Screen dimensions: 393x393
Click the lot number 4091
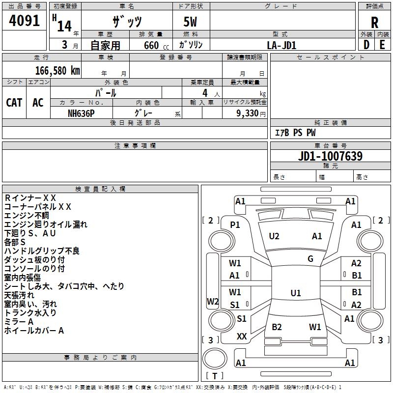pyautogui.click(x=25, y=22)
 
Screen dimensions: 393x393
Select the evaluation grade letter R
pyautogui.click(x=375, y=23)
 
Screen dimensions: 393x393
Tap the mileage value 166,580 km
pyautogui.click(x=57, y=71)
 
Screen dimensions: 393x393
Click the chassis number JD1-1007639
pyautogui.click(x=331, y=156)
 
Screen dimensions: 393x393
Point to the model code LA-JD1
pyautogui.click(x=281, y=45)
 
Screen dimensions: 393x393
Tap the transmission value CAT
pyautogui.click(x=14, y=102)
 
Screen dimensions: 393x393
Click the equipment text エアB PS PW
pyautogui.click(x=295, y=133)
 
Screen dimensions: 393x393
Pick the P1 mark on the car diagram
pyautogui.click(x=235, y=225)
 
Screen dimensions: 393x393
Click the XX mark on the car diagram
pyautogui.click(x=242, y=337)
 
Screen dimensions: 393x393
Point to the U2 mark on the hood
pyautogui.click(x=274, y=236)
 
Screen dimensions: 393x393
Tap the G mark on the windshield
pyautogui.click(x=310, y=258)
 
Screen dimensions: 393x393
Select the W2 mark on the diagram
pyautogui.click(x=213, y=301)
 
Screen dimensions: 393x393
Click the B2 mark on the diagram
pyautogui.click(x=277, y=327)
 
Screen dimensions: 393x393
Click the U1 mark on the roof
pyautogui.click(x=295, y=293)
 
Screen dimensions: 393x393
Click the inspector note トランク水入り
pyautogui.click(x=30, y=312)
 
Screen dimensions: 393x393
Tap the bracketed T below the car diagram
pyautogui.click(x=215, y=376)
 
